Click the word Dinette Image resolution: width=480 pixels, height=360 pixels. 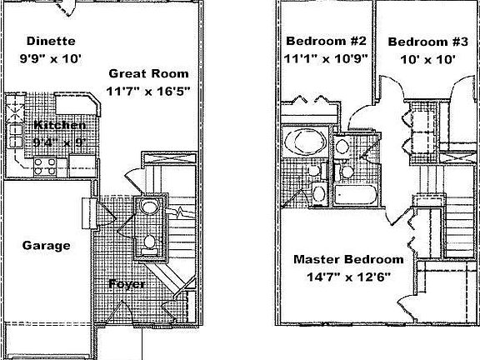click(x=51, y=41)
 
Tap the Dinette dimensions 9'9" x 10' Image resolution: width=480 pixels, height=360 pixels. click(x=51, y=58)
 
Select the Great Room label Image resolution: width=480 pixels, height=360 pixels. click(x=147, y=73)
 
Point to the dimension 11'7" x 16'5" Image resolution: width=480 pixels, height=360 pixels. click(x=147, y=90)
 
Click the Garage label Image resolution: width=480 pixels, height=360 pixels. click(x=45, y=246)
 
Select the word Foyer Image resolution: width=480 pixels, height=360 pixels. click(x=127, y=284)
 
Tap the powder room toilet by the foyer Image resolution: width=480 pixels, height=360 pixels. click(x=148, y=243)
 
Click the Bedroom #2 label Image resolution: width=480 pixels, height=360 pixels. click(x=326, y=41)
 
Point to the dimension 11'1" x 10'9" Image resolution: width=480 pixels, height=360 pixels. click(x=326, y=58)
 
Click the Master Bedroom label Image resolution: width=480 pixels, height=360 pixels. click(x=348, y=259)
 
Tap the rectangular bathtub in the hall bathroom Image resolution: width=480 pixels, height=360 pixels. click(x=357, y=194)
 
